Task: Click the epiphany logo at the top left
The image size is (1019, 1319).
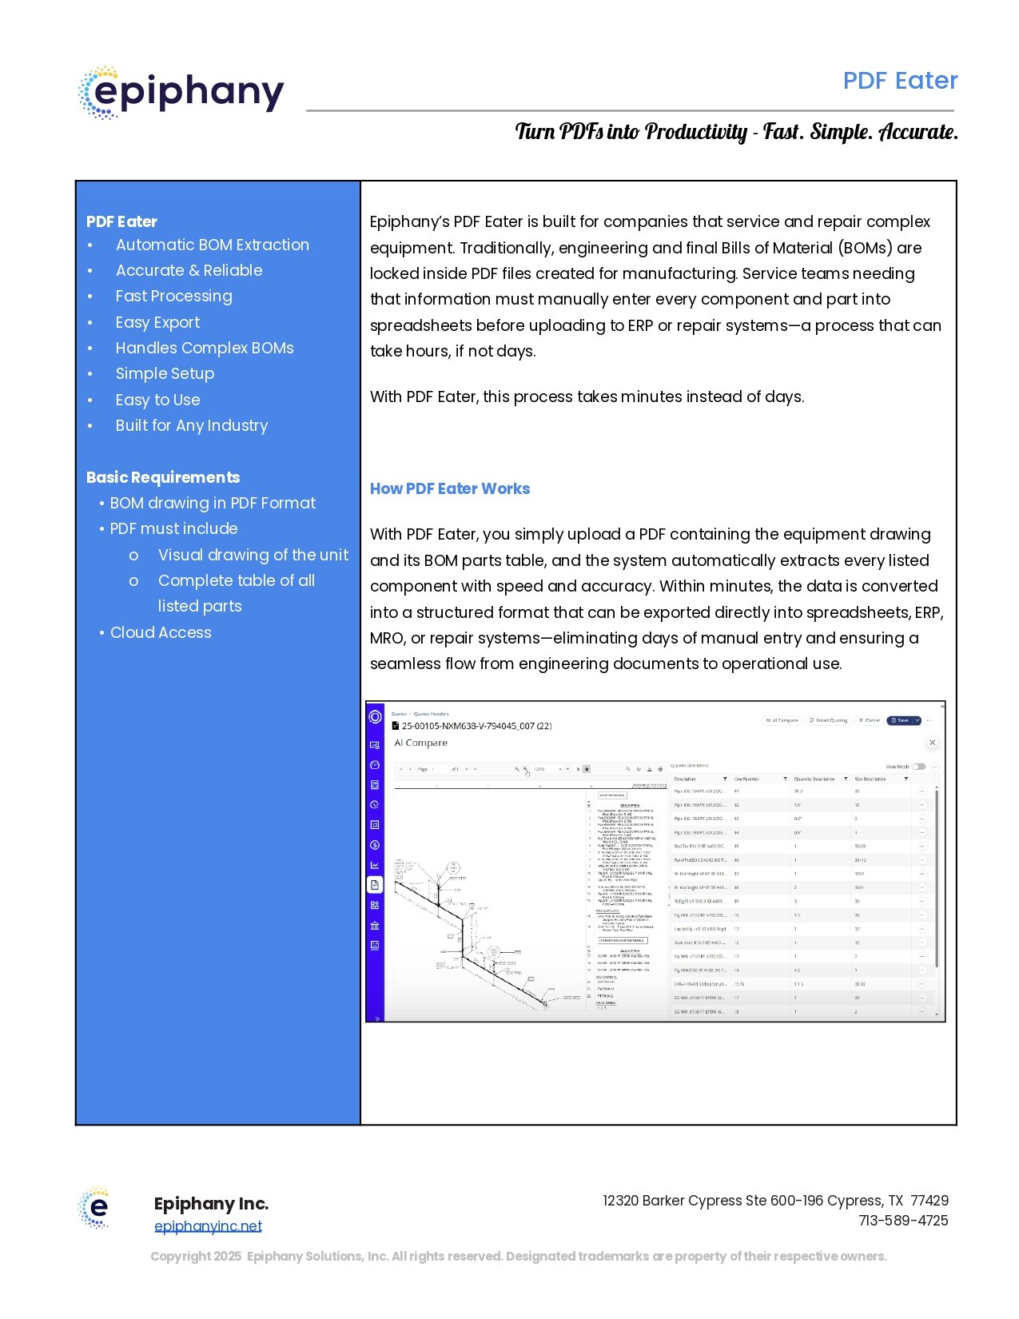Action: tap(181, 93)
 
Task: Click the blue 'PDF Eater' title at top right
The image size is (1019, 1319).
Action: tap(900, 81)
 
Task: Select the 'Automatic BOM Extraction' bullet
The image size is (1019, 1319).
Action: tap(212, 245)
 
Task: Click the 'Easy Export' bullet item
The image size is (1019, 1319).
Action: tap(157, 322)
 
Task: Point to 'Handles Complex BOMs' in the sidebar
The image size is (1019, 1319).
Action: tap(205, 348)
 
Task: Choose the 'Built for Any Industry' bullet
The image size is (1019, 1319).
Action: tap(192, 425)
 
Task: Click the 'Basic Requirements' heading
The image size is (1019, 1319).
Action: tap(163, 477)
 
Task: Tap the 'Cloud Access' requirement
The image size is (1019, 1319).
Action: tap(161, 632)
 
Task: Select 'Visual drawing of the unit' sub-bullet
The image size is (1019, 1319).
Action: tap(253, 555)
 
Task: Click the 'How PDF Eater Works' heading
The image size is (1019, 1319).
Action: tap(450, 488)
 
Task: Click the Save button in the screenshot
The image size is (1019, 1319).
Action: tap(901, 720)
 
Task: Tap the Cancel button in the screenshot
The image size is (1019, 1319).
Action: tap(869, 720)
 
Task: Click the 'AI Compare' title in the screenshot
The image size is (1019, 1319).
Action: tap(420, 743)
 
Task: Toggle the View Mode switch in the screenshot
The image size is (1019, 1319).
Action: tap(919, 767)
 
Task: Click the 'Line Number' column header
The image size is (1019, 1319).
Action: tap(747, 779)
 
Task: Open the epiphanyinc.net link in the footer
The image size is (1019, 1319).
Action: tap(208, 1226)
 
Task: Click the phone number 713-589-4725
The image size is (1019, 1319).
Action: tap(903, 1221)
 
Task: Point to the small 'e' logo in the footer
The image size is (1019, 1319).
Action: tap(95, 1207)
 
